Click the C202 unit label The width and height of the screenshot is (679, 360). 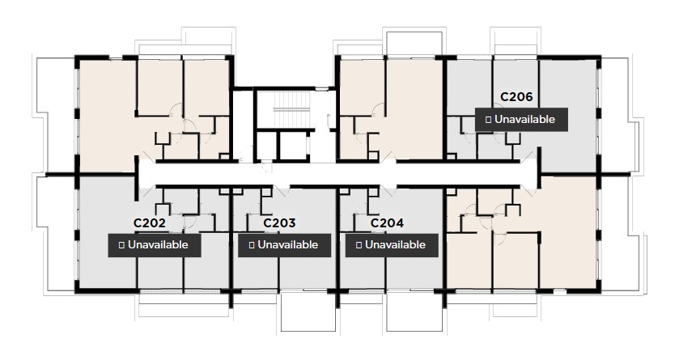pyautogui.click(x=150, y=223)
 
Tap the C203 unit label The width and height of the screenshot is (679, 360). pyautogui.click(x=279, y=223)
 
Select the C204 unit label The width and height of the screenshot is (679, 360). pyautogui.click(x=387, y=223)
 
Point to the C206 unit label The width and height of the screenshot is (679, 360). pyautogui.click(x=516, y=97)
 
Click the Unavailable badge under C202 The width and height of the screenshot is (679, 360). pyautogui.click(x=154, y=245)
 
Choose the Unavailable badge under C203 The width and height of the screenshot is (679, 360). pyautogui.click(x=284, y=245)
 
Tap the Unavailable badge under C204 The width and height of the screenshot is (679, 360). pyautogui.click(x=392, y=245)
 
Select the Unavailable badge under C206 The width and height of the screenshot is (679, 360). pyautogui.click(x=521, y=120)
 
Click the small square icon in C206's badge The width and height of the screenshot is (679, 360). pyautogui.click(x=488, y=120)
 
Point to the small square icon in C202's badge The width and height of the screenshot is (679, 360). pyautogui.click(x=121, y=245)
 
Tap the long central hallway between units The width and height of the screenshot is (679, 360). pyautogui.click(x=337, y=174)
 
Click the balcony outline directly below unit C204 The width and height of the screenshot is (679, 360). pyautogui.click(x=414, y=312)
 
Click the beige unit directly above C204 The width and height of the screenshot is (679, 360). pyautogui.click(x=391, y=109)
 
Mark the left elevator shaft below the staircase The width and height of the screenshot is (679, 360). pyautogui.click(x=266, y=146)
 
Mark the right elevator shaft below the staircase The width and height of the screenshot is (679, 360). pyautogui.click(x=294, y=146)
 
